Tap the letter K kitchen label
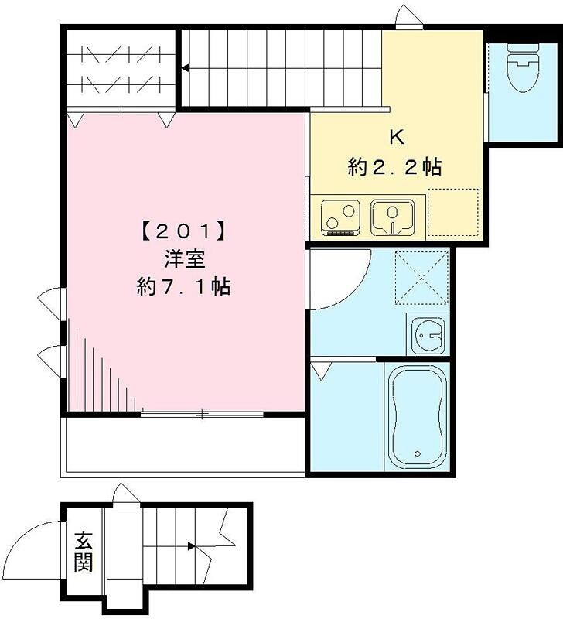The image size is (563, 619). point(396,139)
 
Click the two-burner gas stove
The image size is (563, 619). point(341,217)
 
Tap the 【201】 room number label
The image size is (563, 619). point(183,231)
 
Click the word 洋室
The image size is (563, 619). point(183,258)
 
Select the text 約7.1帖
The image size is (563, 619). point(183,287)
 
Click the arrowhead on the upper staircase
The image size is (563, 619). point(186,69)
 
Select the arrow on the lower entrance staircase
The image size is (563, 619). point(190,546)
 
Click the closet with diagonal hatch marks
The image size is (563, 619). point(120,67)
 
